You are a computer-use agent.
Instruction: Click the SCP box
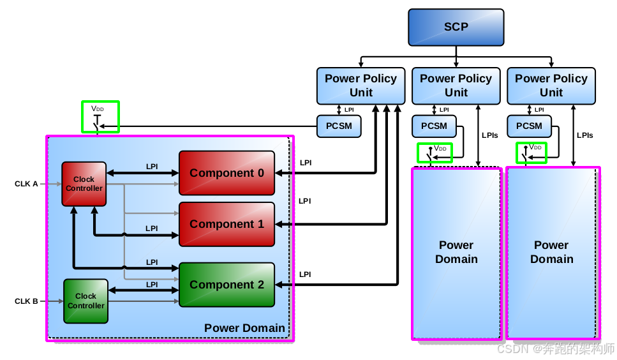(456, 27)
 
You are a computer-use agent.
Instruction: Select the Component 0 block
(227, 173)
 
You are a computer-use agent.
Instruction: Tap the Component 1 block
(227, 224)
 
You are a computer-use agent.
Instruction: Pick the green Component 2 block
(227, 285)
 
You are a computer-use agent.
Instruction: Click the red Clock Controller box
(84, 184)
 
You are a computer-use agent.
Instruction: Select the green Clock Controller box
(85, 301)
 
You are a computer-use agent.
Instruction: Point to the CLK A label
(26, 184)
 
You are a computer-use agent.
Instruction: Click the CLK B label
(26, 301)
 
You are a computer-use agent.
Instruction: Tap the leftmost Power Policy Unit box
(361, 86)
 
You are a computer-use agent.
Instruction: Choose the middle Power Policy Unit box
(456, 86)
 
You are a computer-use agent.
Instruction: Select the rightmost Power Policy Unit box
(551, 86)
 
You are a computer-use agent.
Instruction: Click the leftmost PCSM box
(339, 126)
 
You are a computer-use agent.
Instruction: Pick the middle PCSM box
(434, 126)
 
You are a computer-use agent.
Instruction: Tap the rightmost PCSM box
(529, 126)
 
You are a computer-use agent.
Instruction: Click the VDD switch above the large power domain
(100, 117)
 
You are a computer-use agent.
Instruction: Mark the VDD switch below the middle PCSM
(435, 153)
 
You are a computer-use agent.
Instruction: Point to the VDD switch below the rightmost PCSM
(532, 153)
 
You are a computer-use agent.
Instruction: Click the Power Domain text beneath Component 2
(244, 328)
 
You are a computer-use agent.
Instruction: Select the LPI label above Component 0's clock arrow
(152, 167)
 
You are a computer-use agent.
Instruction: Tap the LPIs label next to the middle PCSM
(490, 135)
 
